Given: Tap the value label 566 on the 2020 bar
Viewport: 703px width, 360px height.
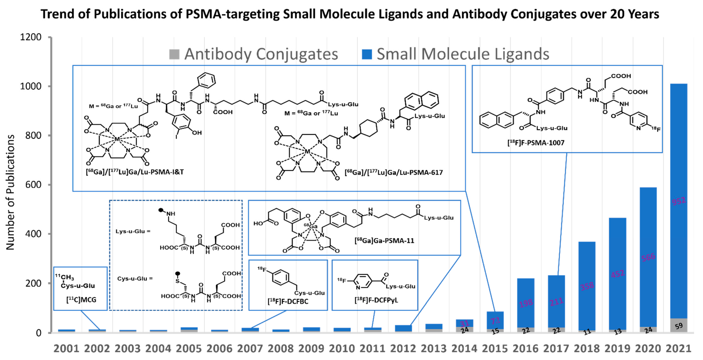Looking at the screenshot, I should [648, 257].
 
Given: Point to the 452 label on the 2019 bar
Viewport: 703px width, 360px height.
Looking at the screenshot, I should [617, 273].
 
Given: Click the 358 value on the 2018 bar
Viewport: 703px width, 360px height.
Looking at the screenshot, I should [587, 286].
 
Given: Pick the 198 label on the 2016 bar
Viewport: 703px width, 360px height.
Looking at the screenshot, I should [526, 303].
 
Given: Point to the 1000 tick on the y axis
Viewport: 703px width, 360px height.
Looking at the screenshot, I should [31, 86].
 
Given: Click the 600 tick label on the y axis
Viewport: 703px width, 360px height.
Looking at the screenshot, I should [33, 185].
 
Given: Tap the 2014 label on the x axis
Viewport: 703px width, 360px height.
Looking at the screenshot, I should [464, 349].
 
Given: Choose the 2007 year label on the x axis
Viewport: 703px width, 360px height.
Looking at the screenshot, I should [250, 349].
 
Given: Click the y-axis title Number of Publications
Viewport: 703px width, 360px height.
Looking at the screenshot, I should [10, 192].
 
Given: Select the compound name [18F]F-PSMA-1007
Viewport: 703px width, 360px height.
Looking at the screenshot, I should [536, 143].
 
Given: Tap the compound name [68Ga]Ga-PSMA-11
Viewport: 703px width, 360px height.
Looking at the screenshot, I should [384, 240].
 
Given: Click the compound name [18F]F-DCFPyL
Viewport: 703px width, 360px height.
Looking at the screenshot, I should [376, 300].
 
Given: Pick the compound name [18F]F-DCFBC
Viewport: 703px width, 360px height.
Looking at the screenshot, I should [288, 301].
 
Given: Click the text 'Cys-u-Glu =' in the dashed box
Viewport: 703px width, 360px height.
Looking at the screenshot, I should [135, 278].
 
